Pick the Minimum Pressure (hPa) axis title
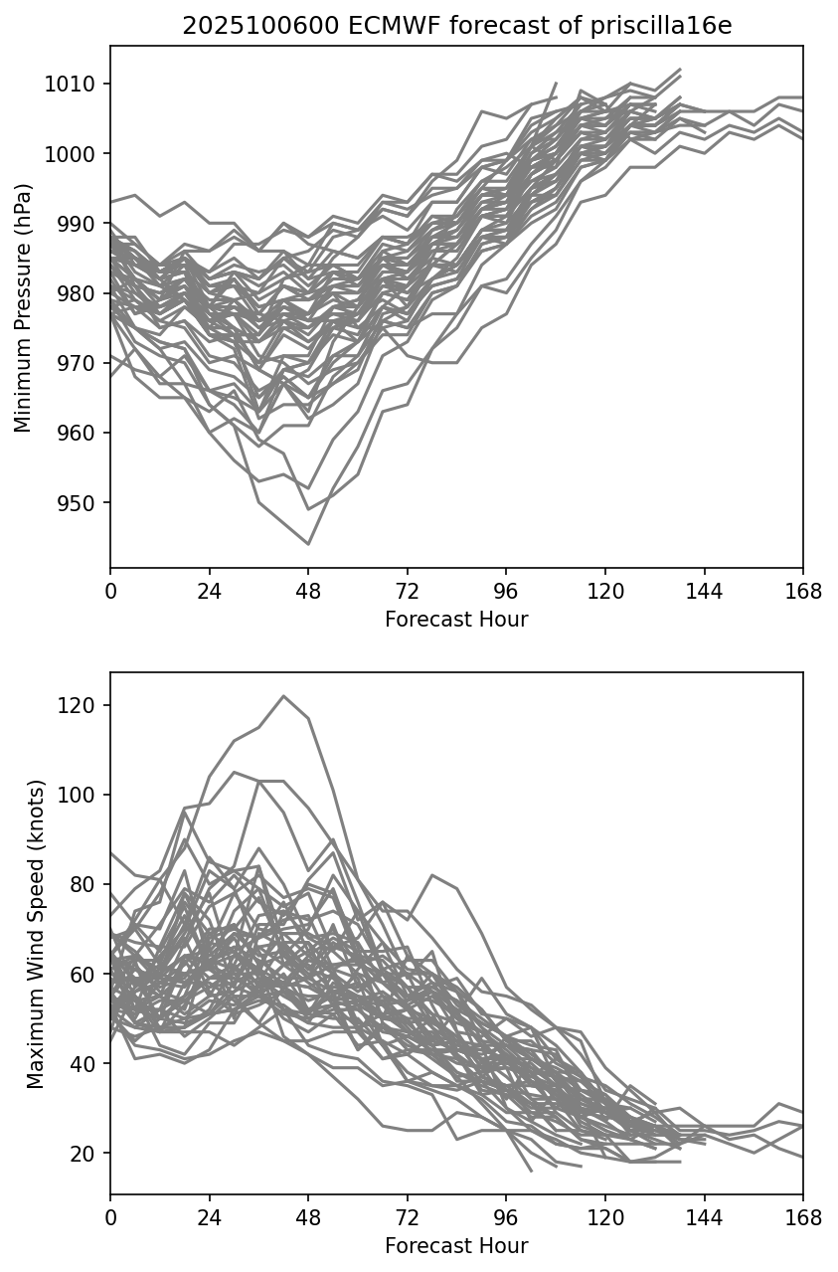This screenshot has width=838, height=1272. coord(24,307)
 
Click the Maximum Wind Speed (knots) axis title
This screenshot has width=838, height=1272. coord(36,934)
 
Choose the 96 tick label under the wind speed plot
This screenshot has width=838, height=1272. coord(506,1217)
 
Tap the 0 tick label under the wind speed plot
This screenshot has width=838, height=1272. coord(110,1217)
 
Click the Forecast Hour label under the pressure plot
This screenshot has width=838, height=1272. coord(456,620)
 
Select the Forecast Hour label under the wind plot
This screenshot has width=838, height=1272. coord(456,1246)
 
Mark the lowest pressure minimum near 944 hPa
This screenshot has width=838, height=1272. coord(308,544)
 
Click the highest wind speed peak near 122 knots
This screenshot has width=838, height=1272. coord(283,696)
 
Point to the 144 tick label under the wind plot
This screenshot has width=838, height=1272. coord(704,1217)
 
